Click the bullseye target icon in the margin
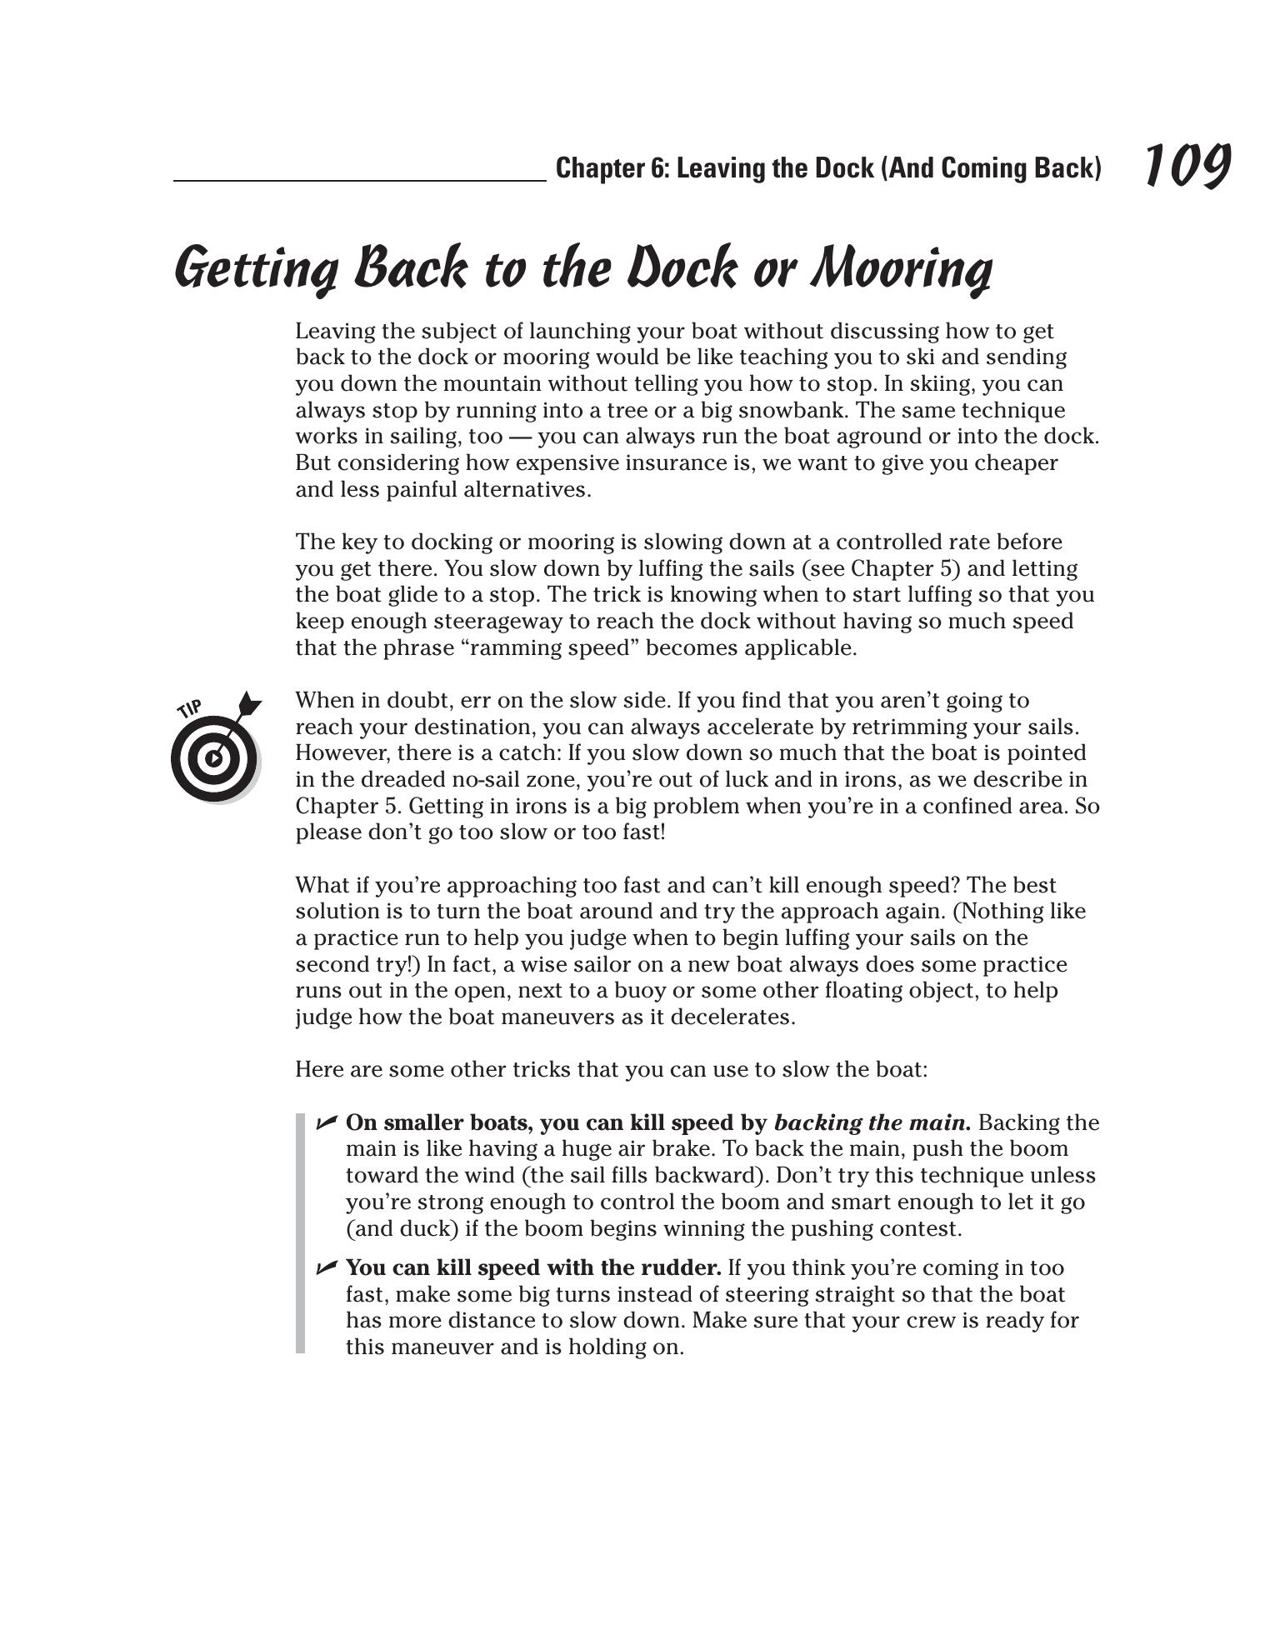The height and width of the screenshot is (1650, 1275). (214, 757)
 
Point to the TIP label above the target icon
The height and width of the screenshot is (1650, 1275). (190, 709)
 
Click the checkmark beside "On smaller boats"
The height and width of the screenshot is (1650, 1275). (326, 1122)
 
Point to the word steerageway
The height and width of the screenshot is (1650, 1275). (422, 621)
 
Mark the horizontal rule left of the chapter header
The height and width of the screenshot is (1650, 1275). (359, 180)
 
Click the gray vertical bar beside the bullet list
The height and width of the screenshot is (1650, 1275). (301, 1233)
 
